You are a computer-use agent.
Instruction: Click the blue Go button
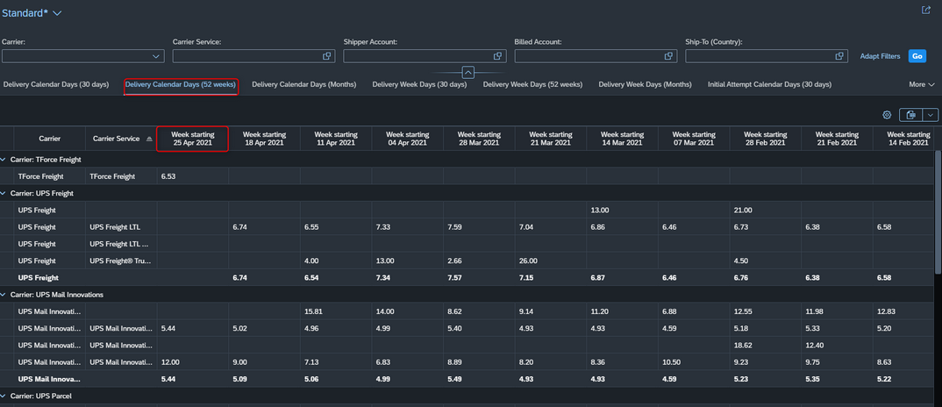click(917, 56)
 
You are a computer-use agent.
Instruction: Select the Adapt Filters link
click(880, 56)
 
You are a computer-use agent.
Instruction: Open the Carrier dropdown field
click(83, 56)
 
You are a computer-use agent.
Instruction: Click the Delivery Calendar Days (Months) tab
click(304, 84)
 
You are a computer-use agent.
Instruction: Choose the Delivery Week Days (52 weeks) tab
click(532, 84)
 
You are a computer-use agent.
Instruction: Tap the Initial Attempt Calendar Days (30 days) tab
click(769, 84)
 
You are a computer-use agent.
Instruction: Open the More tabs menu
click(922, 85)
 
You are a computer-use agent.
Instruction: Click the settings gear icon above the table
click(887, 115)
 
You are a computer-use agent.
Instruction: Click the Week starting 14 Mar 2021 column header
click(622, 139)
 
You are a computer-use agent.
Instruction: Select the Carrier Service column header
click(116, 139)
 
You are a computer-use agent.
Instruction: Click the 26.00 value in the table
click(529, 261)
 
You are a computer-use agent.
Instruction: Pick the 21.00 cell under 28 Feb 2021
click(743, 211)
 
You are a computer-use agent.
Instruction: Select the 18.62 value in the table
click(743, 345)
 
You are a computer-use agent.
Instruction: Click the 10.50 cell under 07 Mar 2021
click(671, 362)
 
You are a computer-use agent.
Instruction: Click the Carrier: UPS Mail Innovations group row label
click(57, 295)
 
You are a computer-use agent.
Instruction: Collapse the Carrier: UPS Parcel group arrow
click(4, 396)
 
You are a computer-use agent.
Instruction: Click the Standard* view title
click(25, 12)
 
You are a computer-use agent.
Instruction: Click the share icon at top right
click(926, 11)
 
